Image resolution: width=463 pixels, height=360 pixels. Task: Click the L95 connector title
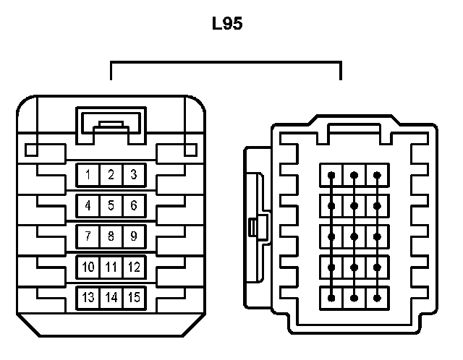[226, 24]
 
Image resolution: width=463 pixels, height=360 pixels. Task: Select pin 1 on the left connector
[88, 174]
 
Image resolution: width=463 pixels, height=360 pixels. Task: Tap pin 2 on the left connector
[111, 174]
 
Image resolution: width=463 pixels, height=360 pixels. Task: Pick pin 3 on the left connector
[134, 174]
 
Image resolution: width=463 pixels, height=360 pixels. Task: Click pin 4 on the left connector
[88, 205]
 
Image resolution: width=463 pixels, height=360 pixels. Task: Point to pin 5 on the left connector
[111, 205]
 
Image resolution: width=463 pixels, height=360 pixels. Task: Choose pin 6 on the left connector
[134, 205]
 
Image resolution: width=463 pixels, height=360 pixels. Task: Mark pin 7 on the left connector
[88, 236]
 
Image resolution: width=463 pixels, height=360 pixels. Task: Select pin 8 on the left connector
[111, 236]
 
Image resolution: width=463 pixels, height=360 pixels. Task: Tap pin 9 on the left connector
[134, 236]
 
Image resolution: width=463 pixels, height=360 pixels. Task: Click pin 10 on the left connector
[88, 267]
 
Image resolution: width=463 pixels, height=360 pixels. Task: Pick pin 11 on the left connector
[111, 267]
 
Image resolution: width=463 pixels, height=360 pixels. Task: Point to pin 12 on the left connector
[134, 267]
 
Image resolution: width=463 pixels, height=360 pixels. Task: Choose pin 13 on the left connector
[88, 297]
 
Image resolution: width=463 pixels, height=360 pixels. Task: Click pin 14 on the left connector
[111, 297]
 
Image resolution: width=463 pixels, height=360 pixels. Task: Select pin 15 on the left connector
[134, 297]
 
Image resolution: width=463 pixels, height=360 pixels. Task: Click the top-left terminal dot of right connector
[331, 176]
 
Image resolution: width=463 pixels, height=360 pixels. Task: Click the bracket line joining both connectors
[226, 63]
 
